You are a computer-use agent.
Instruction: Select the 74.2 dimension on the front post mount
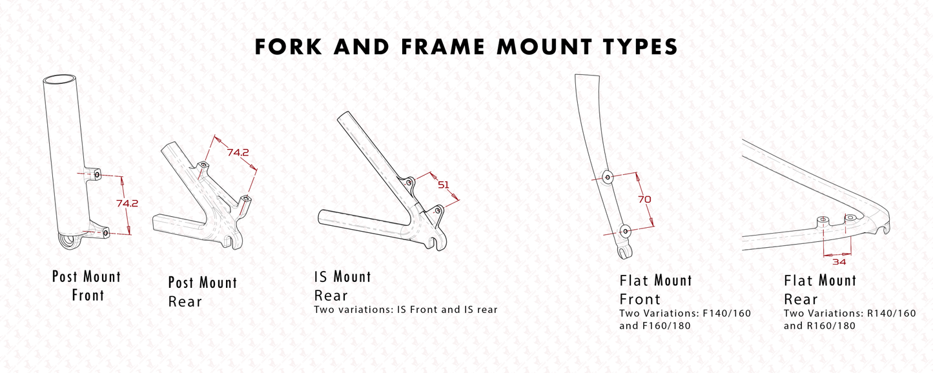pyautogui.click(x=127, y=203)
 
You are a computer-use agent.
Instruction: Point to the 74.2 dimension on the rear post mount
pyautogui.click(x=238, y=152)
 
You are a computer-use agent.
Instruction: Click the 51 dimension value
pyautogui.click(x=443, y=185)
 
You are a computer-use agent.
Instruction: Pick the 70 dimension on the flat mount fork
pyautogui.click(x=644, y=199)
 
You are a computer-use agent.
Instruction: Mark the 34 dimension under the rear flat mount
pyautogui.click(x=838, y=261)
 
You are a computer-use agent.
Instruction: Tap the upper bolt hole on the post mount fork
pyautogui.click(x=97, y=174)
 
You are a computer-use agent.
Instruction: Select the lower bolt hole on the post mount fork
pyautogui.click(x=105, y=231)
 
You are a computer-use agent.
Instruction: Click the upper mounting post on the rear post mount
pyautogui.click(x=203, y=165)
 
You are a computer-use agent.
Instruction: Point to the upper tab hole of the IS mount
pyautogui.click(x=408, y=183)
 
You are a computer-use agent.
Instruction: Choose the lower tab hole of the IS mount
pyautogui.click(x=438, y=210)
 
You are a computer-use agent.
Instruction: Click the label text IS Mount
pyautogui.click(x=342, y=277)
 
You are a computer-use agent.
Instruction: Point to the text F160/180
pyautogui.click(x=665, y=326)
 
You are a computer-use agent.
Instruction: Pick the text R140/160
pyautogui.click(x=891, y=314)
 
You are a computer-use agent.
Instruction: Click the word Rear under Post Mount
pyautogui.click(x=185, y=301)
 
